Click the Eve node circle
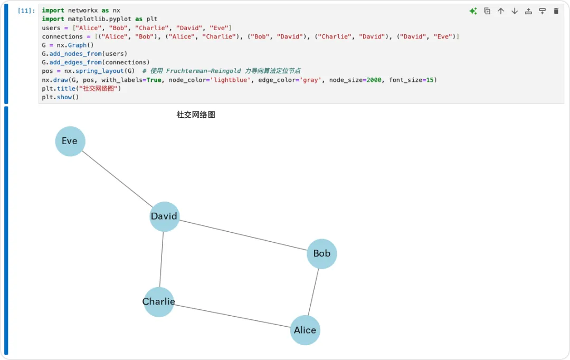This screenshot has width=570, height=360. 70,141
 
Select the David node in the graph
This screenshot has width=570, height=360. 165,216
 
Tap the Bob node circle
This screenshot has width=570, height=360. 322,254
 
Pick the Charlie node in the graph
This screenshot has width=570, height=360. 159,302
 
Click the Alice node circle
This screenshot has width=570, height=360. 305,330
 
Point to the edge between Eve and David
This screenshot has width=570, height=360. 117,179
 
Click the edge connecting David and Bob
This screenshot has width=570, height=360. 243,235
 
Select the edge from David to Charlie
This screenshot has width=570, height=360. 162,259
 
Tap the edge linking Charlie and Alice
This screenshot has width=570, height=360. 232,316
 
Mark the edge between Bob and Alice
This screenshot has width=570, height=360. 313,292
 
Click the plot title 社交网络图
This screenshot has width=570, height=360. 196,115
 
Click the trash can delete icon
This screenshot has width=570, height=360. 556,11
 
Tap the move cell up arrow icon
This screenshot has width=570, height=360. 501,11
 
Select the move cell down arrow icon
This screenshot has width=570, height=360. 515,11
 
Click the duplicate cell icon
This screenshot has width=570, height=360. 487,11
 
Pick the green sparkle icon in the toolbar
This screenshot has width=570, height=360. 473,11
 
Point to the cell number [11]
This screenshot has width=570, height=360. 26,11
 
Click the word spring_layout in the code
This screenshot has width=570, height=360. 99,71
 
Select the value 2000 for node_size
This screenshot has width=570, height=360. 374,80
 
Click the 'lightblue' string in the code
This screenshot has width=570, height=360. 231,80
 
